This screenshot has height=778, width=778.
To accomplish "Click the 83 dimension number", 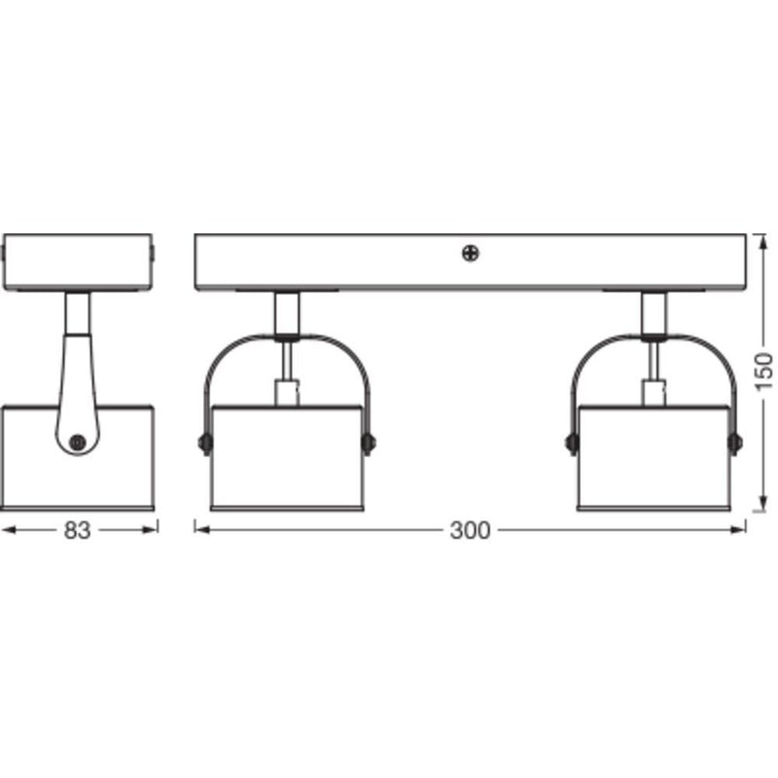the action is click(x=77, y=530).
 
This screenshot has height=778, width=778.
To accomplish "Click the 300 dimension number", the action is click(x=470, y=530).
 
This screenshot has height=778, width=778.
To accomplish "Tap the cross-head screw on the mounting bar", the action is click(x=470, y=254).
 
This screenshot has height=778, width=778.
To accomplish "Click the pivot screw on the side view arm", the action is click(x=78, y=442).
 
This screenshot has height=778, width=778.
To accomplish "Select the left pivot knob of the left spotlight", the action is click(x=205, y=443).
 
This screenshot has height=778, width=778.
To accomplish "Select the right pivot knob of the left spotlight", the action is click(x=368, y=443).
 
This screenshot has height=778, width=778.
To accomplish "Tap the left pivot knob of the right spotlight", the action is click(x=572, y=443).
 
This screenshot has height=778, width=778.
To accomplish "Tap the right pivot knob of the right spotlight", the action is click(x=735, y=443).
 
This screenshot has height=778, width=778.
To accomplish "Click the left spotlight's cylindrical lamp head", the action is click(x=287, y=458).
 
